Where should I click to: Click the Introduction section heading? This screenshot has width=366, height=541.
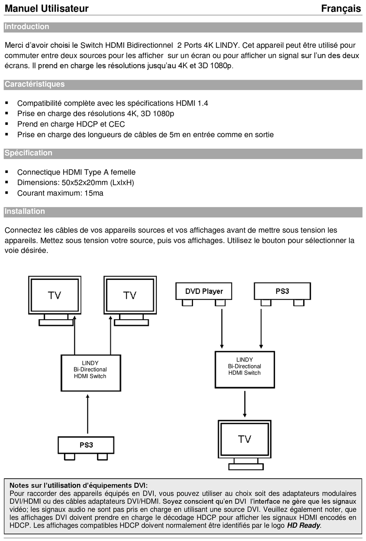coord(27,27)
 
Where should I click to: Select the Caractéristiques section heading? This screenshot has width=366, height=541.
coord(35,84)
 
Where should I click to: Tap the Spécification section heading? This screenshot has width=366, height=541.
coord(29,153)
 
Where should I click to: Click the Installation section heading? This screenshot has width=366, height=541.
coord(25,211)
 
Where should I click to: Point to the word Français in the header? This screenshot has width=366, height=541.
coord(341,8)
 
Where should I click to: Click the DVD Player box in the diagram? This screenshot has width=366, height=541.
coord(204,291)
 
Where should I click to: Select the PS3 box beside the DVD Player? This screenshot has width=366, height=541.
coord(282,291)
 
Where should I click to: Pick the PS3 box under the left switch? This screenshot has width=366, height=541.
coord(86,445)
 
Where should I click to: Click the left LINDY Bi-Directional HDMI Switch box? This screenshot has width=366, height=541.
coord(91,373)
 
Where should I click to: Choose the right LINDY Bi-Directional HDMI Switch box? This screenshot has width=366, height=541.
coord(245,369)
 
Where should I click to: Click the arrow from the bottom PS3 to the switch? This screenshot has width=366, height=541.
coord(88,414)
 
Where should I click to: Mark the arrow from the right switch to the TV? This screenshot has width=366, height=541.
coord(245,404)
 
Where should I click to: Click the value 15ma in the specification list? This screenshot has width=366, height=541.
coord(94,193)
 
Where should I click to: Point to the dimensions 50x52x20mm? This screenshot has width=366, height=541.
coord(84,183)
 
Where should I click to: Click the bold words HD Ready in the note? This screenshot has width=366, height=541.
coord(304,526)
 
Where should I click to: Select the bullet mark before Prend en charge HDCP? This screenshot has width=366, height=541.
coord(7,124)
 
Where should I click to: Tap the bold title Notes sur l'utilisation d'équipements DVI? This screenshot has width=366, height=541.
coord(79,486)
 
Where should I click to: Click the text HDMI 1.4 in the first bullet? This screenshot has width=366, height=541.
coord(192,103)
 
